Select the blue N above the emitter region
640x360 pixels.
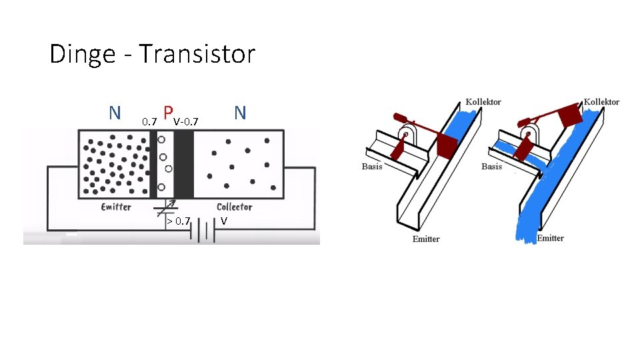[115, 113]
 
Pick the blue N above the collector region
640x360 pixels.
[240, 113]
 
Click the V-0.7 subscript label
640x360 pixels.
[186, 122]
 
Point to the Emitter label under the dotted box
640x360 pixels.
[116, 207]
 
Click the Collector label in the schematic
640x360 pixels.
[235, 207]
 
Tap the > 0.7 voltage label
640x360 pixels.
[179, 221]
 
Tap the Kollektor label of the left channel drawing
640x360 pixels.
[483, 102]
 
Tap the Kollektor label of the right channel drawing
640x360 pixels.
[601, 102]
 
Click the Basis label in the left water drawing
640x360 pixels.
[372, 166]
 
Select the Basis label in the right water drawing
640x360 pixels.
[491, 166]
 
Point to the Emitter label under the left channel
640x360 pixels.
[425, 239]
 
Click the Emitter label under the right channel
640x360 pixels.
[550, 238]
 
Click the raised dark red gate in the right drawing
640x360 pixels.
[569, 115]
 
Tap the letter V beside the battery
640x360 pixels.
[225, 221]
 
